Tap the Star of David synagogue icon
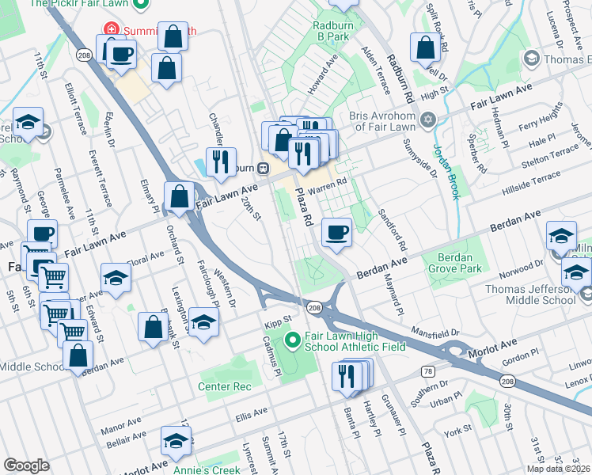(x=428, y=120)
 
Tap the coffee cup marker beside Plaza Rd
(x=337, y=234)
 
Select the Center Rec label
(x=225, y=386)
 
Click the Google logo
(x=27, y=465)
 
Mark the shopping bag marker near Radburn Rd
(x=426, y=49)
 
